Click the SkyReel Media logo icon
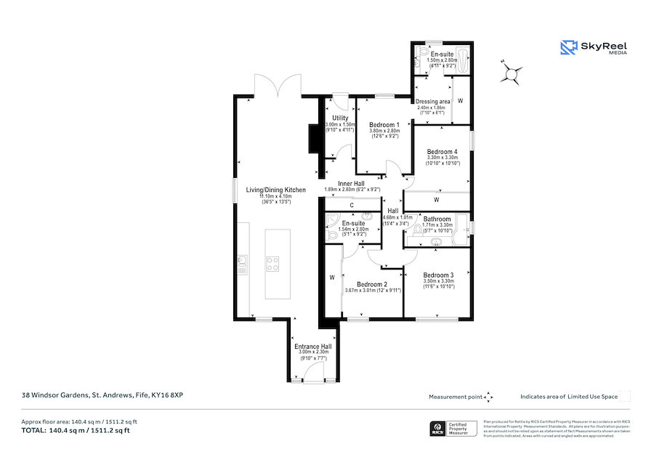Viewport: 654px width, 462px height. [568, 48]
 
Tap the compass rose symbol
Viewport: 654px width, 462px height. [512, 73]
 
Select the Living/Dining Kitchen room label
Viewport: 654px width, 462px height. [275, 190]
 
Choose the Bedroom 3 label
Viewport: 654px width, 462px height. [439, 275]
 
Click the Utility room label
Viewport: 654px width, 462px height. [340, 118]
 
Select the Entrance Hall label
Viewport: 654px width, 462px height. [312, 346]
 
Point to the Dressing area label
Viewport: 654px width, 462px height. [433, 101]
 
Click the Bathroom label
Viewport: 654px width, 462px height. [437, 219]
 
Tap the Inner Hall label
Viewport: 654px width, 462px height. [351, 184]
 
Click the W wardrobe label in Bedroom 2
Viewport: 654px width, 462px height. [331, 277]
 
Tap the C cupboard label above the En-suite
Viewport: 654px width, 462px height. [351, 205]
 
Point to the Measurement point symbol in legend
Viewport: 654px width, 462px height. [489, 397]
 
